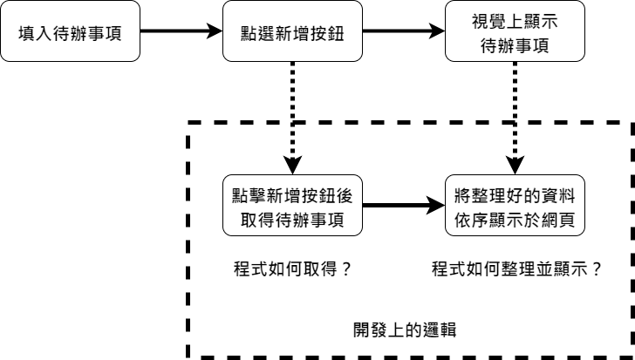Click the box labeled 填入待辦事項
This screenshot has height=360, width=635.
70,33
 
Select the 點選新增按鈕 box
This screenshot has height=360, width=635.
292,33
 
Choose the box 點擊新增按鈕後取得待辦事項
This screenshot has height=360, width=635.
292,206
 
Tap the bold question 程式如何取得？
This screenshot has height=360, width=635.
292,268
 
